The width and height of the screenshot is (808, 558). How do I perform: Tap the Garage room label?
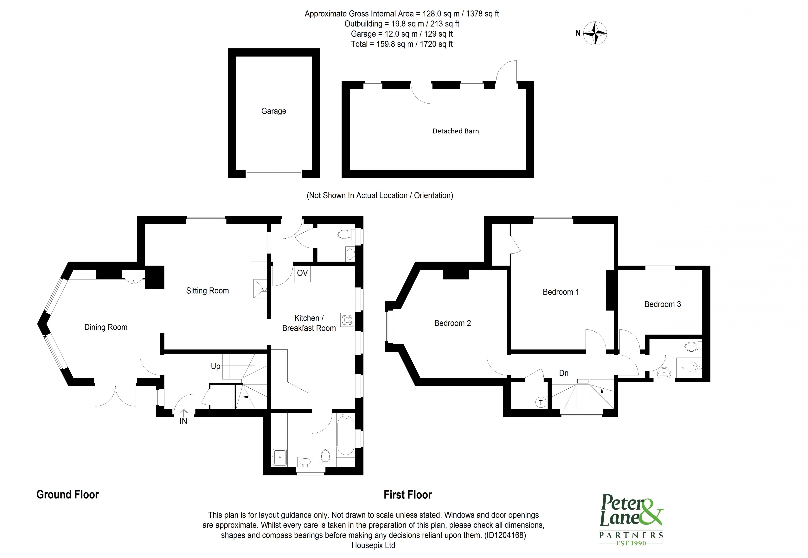pyautogui.click(x=273, y=111)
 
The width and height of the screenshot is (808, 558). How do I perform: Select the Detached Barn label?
pyautogui.click(x=455, y=131)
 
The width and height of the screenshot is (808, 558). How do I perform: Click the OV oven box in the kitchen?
pyautogui.click(x=302, y=273)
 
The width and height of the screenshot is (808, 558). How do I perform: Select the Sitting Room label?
pyautogui.click(x=207, y=291)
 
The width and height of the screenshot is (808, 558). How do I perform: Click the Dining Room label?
pyautogui.click(x=106, y=327)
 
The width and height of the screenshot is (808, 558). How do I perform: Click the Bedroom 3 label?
pyautogui.click(x=662, y=304)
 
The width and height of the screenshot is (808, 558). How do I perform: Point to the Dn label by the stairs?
pyautogui.click(x=563, y=373)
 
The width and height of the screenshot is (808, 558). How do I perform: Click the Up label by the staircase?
pyautogui.click(x=215, y=366)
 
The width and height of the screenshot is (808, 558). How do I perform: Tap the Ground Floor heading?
pyautogui.click(x=67, y=495)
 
